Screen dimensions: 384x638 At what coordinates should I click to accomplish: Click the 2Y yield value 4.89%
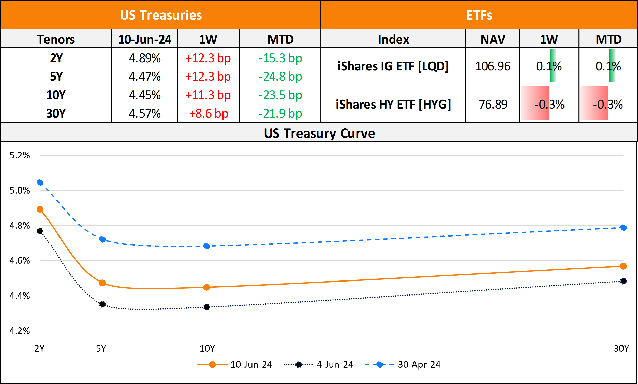pos(145,58)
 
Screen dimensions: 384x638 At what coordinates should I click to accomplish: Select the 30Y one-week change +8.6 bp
pos(209,114)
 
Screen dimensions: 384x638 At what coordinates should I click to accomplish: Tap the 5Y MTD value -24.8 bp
pos(280,77)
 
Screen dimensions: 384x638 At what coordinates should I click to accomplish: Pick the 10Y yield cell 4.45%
pos(145,95)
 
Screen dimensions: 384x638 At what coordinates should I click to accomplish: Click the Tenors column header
pos(56,39)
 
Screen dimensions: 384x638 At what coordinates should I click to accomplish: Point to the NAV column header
pos(493,39)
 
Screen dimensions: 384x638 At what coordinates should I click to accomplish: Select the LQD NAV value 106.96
pos(493,66)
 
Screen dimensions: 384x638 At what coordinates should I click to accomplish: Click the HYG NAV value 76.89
pos(493,104)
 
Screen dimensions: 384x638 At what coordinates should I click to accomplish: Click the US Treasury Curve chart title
pos(319,134)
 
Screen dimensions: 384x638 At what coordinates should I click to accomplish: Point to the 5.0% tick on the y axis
pos(20,191)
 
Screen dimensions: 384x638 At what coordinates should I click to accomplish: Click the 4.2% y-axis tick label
pos(20,331)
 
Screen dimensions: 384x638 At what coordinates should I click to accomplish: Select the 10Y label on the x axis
pos(207,349)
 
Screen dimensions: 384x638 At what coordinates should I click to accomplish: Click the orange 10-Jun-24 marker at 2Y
pos(40,210)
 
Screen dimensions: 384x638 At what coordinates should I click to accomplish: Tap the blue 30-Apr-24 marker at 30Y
pos(623,228)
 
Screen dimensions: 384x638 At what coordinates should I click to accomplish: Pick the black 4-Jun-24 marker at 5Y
pos(102,304)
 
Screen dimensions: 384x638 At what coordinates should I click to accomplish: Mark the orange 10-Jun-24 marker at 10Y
pos(206,287)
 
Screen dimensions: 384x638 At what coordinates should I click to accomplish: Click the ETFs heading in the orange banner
pos(479,15)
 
